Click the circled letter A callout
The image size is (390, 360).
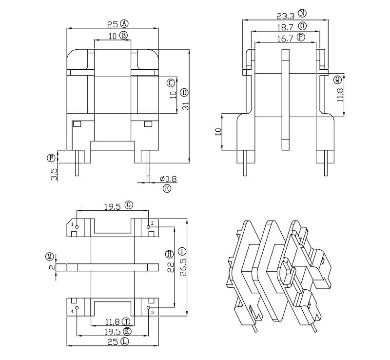[x=124, y=23]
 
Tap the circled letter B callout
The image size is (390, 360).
[x=123, y=35]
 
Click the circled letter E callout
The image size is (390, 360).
[x=167, y=188]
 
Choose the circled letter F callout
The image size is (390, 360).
[x=51, y=158]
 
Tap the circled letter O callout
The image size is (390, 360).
[x=303, y=26]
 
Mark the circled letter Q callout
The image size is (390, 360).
[x=337, y=79]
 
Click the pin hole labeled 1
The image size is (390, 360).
[x=77, y=226]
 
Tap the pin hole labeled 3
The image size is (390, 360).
[x=148, y=308]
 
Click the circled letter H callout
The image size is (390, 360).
[x=169, y=254]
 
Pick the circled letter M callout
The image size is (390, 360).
[x=49, y=256]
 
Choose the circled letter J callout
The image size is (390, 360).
[x=126, y=321]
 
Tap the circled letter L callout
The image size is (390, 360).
[x=125, y=342]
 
